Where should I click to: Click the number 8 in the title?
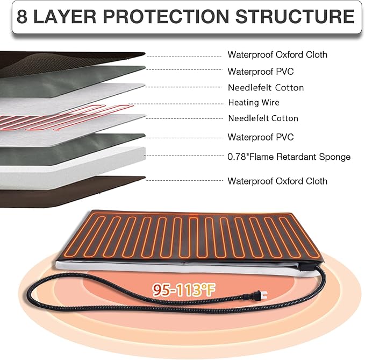tap(22, 16)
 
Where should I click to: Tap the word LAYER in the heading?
tap(65, 16)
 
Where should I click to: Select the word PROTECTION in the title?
tap(166, 16)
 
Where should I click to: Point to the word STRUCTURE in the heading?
tap(295, 16)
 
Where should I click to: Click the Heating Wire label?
tap(254, 103)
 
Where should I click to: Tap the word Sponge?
tap(335, 157)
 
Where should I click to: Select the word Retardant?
tap(297, 157)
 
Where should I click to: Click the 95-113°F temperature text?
tap(184, 290)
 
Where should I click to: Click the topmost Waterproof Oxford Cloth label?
tap(277, 55)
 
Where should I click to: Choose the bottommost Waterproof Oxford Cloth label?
tap(277, 181)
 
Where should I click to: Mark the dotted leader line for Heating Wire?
tap(176, 104)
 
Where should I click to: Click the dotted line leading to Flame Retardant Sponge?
tap(184, 155)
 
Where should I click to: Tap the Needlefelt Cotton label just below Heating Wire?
tap(263, 118)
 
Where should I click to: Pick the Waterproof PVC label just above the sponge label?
tap(261, 137)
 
